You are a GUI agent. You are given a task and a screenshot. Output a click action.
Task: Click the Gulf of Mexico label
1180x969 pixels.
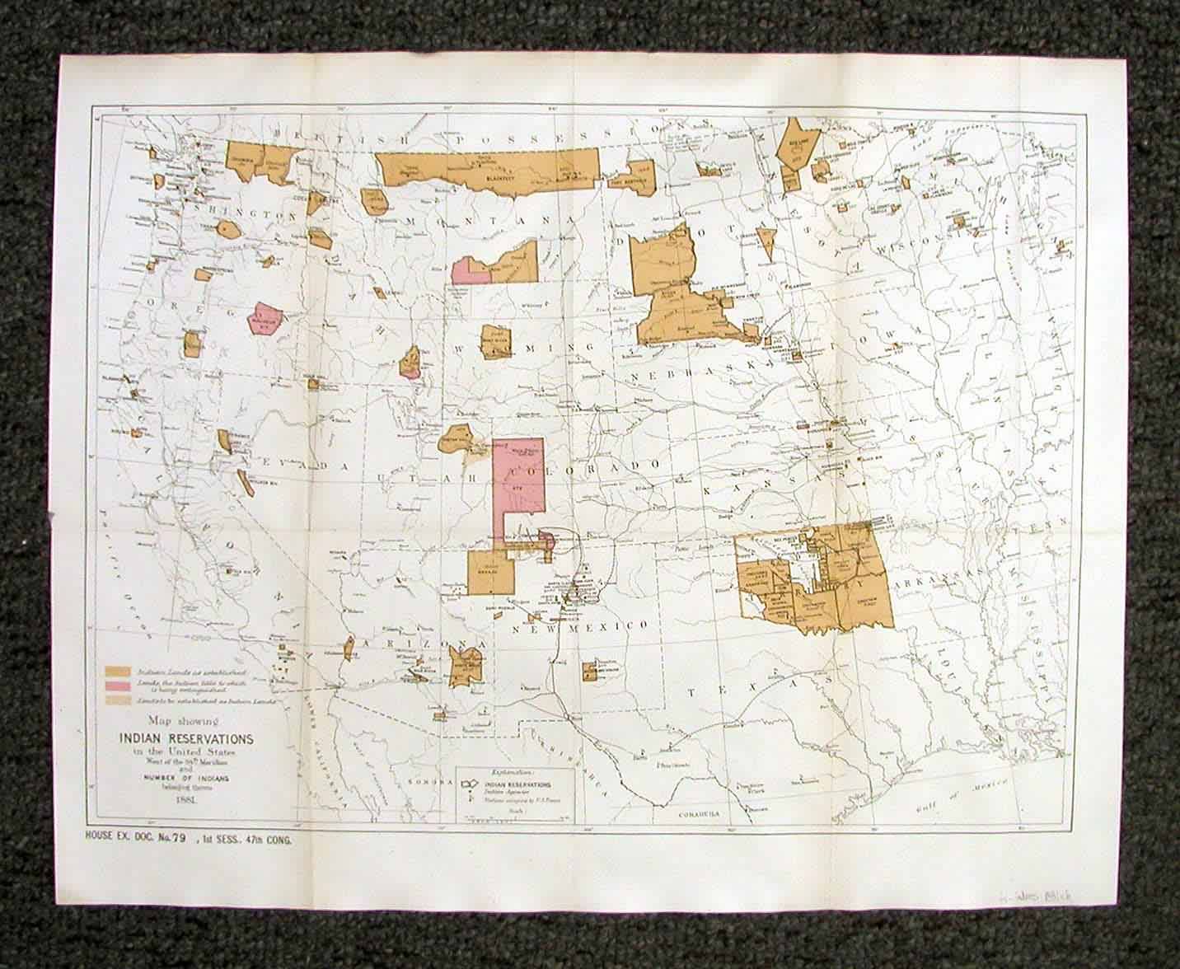click(948, 784)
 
